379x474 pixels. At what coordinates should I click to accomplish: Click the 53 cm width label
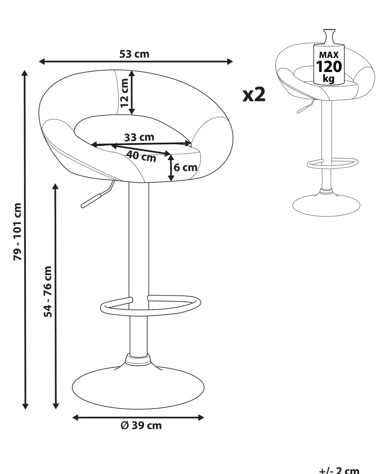[x=134, y=54]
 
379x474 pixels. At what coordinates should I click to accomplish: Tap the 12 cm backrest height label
[x=124, y=93]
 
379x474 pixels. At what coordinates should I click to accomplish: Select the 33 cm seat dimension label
[x=139, y=137]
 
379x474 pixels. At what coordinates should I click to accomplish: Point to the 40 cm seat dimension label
[x=141, y=156]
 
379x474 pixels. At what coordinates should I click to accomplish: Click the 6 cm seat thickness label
[x=185, y=168]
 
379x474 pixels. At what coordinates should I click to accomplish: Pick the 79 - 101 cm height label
[x=18, y=231]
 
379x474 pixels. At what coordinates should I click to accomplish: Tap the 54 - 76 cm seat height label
[x=48, y=292]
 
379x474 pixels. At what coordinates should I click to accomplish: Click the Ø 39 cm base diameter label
[x=141, y=425]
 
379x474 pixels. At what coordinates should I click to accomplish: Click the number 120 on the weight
[x=329, y=66]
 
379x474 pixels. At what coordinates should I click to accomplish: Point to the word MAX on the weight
[x=329, y=55]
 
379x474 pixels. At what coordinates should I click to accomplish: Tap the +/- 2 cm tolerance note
[x=339, y=470]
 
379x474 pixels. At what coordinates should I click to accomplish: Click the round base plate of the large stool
[x=138, y=387]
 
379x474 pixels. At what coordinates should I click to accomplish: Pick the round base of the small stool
[x=326, y=205]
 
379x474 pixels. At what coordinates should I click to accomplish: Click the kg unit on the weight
[x=328, y=78]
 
